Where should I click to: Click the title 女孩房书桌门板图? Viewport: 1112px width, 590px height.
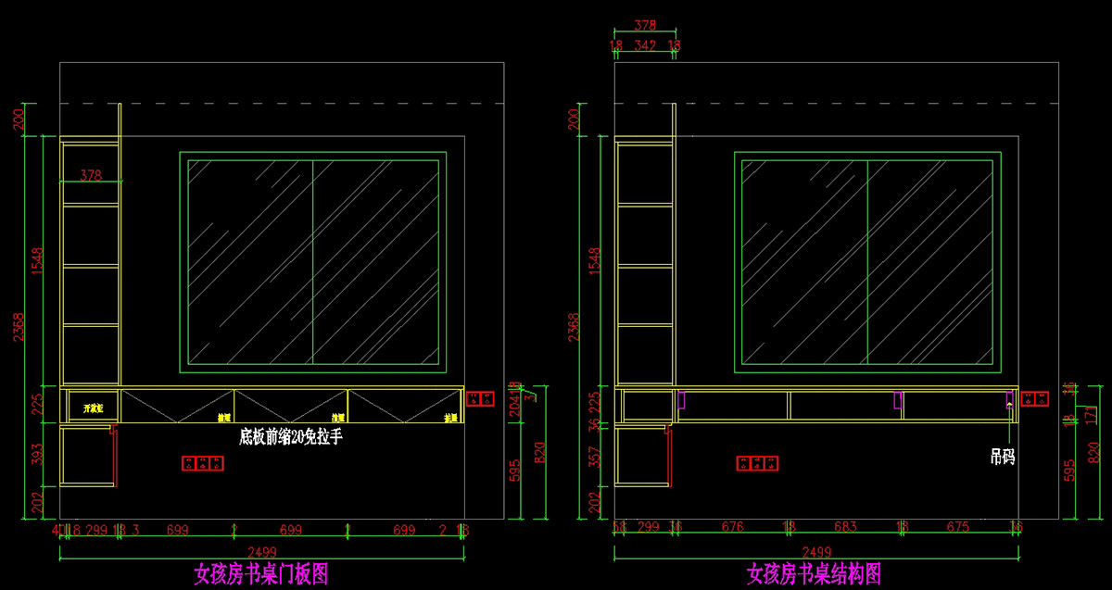pos(260,574)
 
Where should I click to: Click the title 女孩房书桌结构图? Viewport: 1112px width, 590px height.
pos(814,574)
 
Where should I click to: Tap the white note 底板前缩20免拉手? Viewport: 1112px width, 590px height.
pos(290,436)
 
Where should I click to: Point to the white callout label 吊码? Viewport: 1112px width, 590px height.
pos(1002,456)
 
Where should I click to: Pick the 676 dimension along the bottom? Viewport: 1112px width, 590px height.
pos(732,527)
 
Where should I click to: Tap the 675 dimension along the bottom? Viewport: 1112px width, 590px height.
pos(957,527)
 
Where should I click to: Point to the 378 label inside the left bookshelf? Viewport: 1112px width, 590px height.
pos(91,174)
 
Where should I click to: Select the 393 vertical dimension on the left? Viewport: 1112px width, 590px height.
pos(37,454)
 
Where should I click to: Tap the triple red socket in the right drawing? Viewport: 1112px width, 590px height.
pos(757,463)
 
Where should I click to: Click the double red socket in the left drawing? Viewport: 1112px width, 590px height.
pos(481,398)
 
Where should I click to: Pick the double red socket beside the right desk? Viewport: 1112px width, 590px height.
pos(1034,399)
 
